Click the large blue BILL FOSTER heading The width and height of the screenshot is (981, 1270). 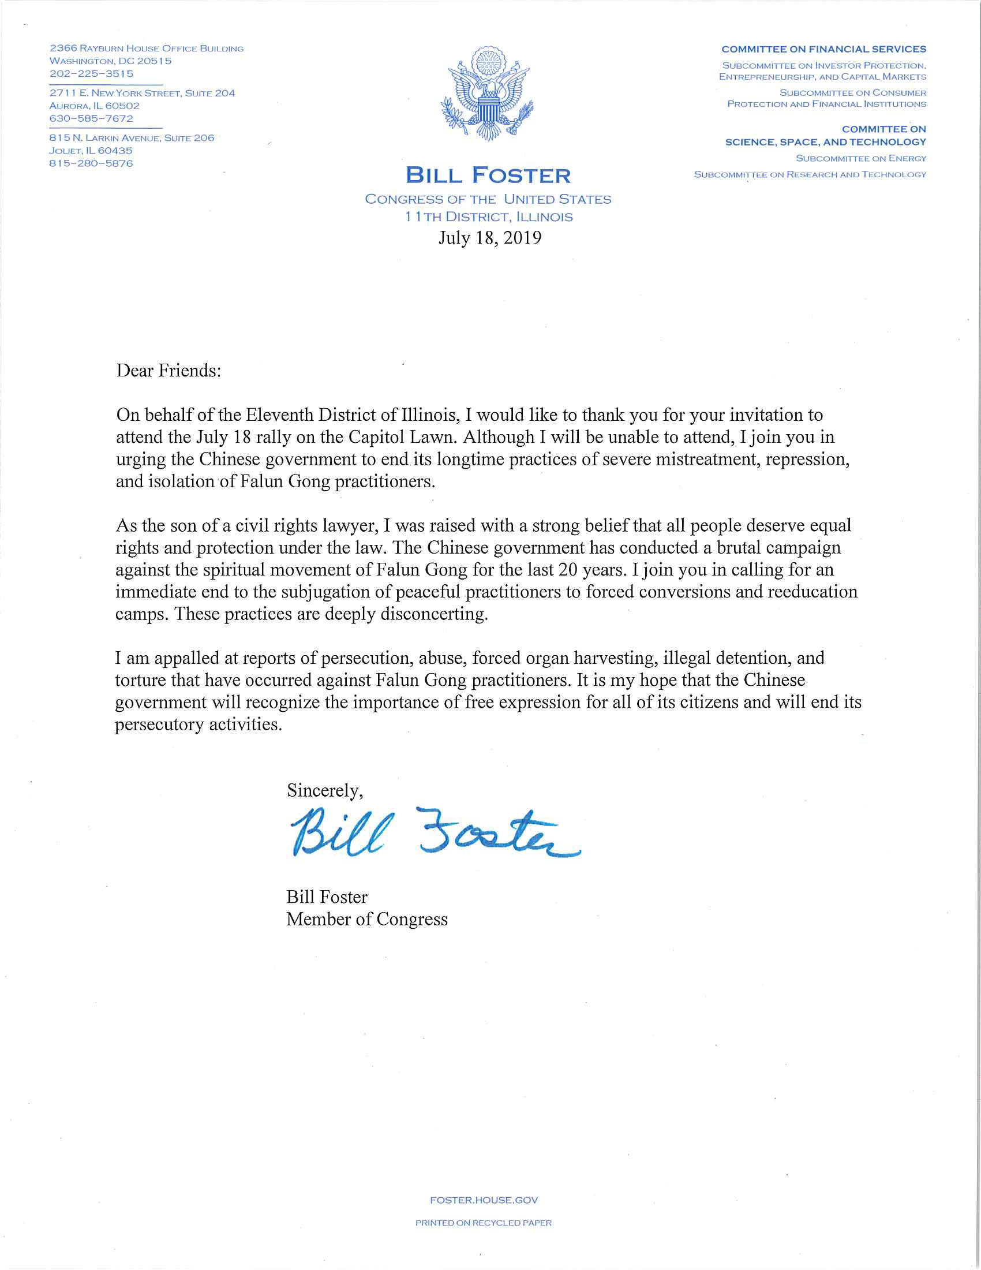(x=488, y=175)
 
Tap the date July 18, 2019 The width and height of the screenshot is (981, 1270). (x=489, y=238)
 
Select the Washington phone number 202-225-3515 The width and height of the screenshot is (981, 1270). (x=91, y=74)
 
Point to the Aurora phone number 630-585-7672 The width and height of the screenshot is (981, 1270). (x=91, y=118)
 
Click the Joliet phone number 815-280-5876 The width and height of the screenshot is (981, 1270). (x=91, y=163)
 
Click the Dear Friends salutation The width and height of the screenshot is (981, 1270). (x=169, y=371)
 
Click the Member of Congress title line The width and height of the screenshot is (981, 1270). (x=366, y=920)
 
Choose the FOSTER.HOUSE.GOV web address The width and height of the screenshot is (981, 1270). (x=484, y=1200)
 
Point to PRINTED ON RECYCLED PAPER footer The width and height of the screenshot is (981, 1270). (x=484, y=1223)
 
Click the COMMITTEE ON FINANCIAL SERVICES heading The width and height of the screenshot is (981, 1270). (x=823, y=50)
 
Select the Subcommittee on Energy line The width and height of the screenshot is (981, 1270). (x=861, y=158)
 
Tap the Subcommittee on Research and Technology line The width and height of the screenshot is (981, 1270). (x=810, y=174)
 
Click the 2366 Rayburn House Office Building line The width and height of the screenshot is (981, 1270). (x=147, y=48)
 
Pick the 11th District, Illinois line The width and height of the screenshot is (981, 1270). (x=489, y=217)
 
